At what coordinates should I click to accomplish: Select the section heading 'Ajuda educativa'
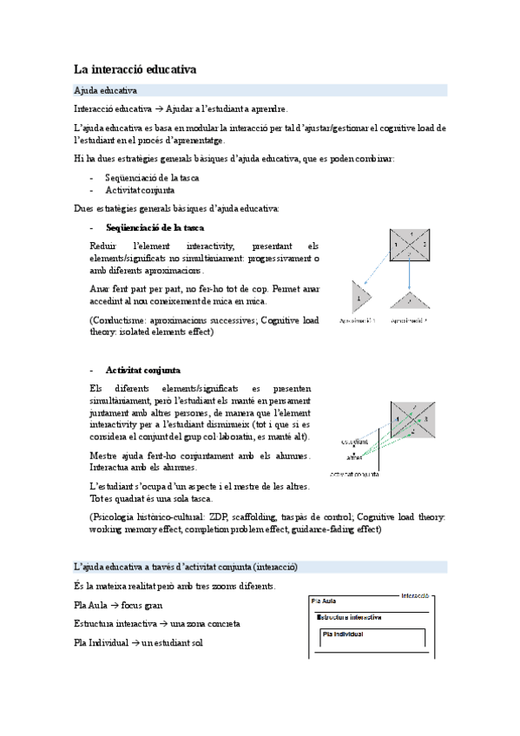[105, 90]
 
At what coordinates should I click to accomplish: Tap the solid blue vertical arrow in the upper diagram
[410, 279]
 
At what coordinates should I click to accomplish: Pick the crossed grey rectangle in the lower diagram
[411, 420]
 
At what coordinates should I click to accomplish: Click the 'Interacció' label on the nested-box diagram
[415, 596]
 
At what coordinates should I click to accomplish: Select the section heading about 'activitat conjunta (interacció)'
[186, 567]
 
